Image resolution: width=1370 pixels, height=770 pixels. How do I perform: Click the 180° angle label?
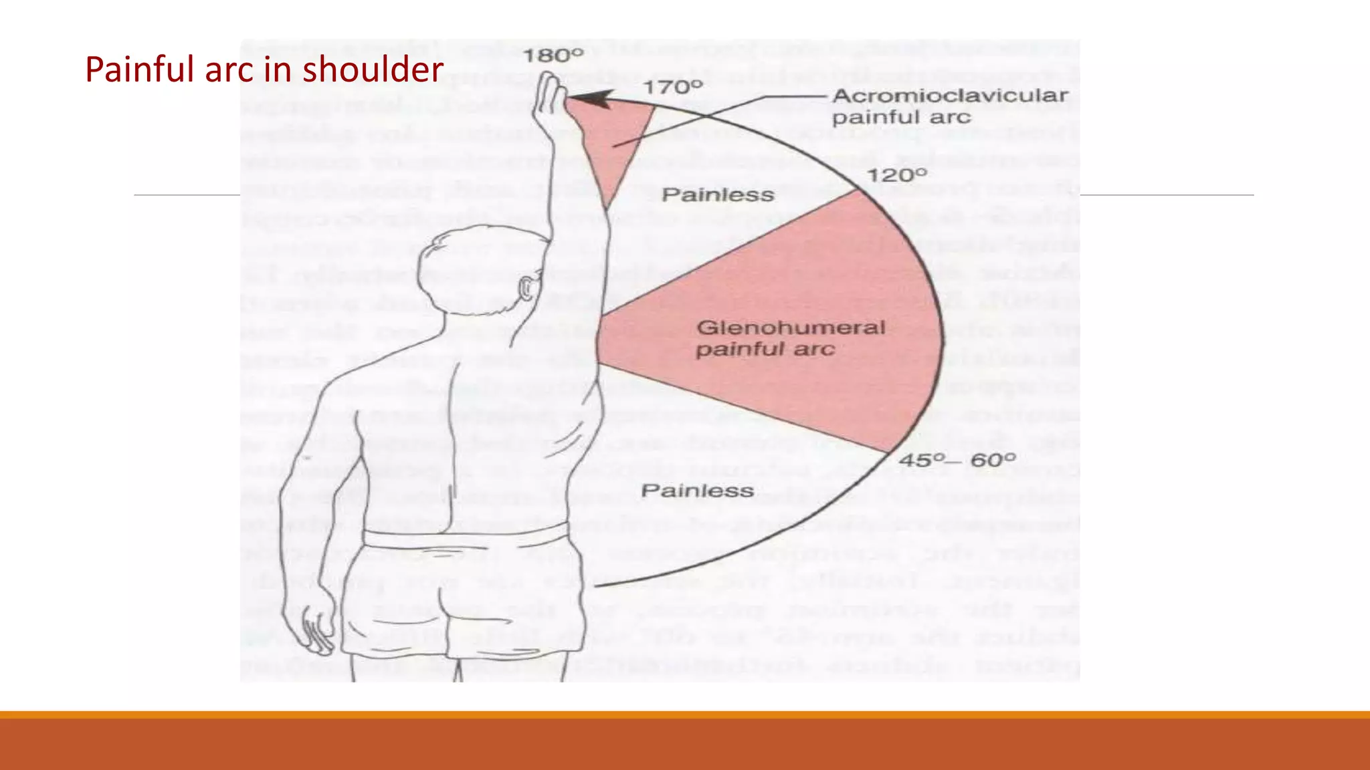(553, 55)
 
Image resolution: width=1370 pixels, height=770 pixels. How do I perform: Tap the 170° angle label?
(673, 87)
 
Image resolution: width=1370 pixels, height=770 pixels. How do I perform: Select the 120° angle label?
(897, 175)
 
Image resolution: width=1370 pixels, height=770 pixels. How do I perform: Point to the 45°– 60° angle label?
(957, 461)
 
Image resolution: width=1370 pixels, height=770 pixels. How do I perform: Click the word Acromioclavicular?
(950, 96)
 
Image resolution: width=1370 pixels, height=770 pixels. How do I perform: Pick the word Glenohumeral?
(791, 328)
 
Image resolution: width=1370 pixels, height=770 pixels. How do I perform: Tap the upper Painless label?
(718, 195)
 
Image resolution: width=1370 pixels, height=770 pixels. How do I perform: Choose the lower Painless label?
(697, 491)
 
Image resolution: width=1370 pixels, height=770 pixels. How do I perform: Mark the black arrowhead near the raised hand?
(589, 100)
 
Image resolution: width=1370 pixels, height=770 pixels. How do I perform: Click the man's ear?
(527, 288)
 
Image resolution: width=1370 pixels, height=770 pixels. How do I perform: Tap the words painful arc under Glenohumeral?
(765, 350)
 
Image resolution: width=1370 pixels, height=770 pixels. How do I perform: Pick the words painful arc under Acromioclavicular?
(901, 118)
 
